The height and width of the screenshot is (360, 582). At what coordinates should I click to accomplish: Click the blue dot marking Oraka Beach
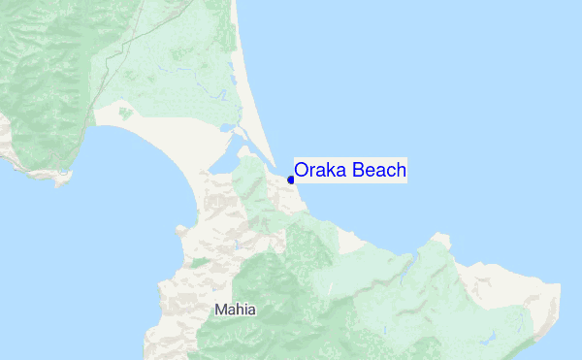[x=291, y=180]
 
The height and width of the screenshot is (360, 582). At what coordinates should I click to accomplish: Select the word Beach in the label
[x=379, y=171]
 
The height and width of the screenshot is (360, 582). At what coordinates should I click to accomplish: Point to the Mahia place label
[x=236, y=311]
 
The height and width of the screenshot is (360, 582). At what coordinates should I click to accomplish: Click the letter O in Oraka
[x=302, y=171]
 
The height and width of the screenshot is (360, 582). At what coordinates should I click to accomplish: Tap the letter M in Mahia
[x=221, y=311]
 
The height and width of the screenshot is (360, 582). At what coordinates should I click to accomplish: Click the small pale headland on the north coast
[x=441, y=237]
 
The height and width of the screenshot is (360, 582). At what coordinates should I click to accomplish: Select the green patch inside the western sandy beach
[x=124, y=114]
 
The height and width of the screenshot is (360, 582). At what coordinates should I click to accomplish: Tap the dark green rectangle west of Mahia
[x=199, y=262]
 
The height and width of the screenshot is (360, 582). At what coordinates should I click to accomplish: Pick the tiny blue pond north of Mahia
[x=237, y=244]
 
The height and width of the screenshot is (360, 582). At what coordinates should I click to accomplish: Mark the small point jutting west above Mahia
[x=178, y=231]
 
